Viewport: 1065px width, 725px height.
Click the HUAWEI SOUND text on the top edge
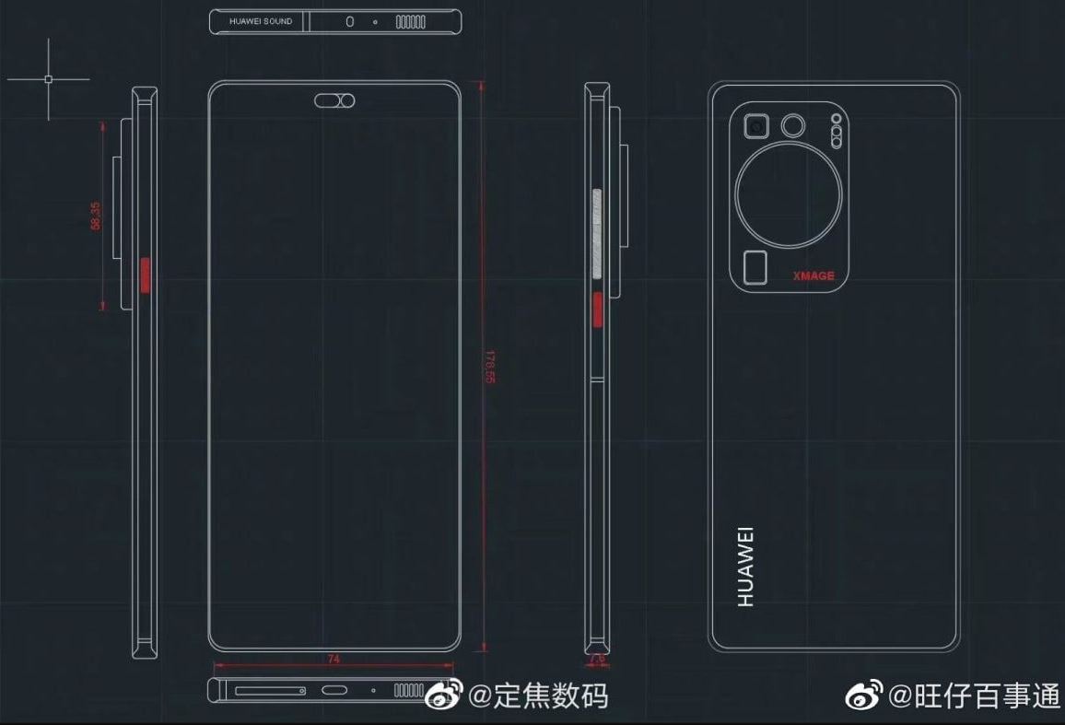click(261, 21)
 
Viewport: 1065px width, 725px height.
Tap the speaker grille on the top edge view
click(410, 21)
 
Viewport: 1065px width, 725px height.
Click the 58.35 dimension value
click(95, 216)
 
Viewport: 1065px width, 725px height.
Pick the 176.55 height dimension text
click(490, 367)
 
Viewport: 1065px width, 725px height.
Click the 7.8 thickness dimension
click(596, 660)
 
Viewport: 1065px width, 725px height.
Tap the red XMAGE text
click(813, 275)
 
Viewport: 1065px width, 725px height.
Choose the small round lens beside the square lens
click(792, 125)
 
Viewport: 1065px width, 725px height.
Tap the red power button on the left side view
click(145, 275)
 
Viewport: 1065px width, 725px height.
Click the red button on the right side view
click(596, 310)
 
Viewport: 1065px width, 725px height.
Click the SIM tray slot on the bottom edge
click(270, 690)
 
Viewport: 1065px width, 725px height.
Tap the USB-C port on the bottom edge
click(334, 690)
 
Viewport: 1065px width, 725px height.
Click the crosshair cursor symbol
click(48, 79)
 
